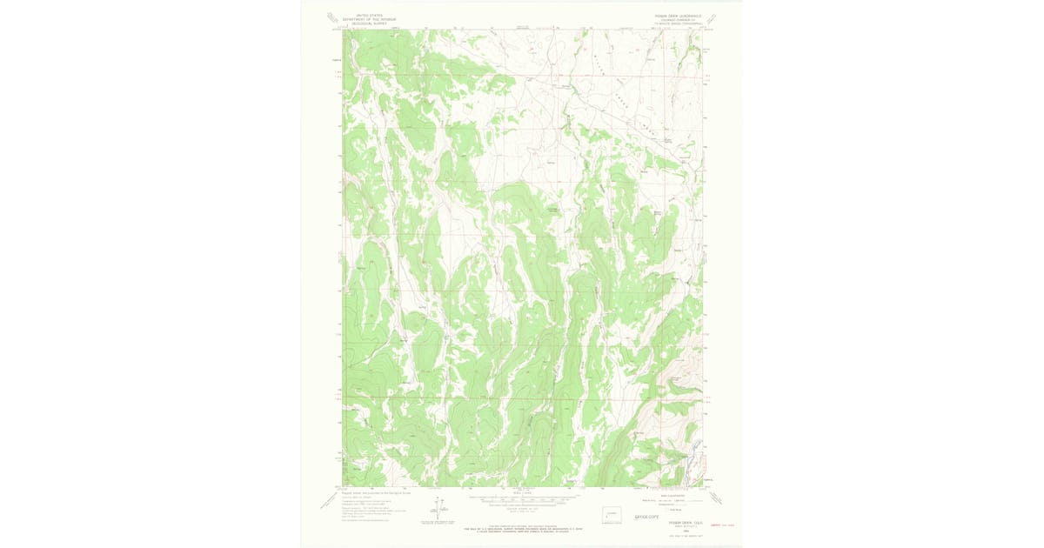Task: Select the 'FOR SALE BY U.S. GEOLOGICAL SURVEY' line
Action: [x=521, y=528]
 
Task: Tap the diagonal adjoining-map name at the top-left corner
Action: [x=331, y=17]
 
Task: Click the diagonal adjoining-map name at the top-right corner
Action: [x=716, y=17]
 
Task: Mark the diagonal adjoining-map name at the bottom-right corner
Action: [x=716, y=498]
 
